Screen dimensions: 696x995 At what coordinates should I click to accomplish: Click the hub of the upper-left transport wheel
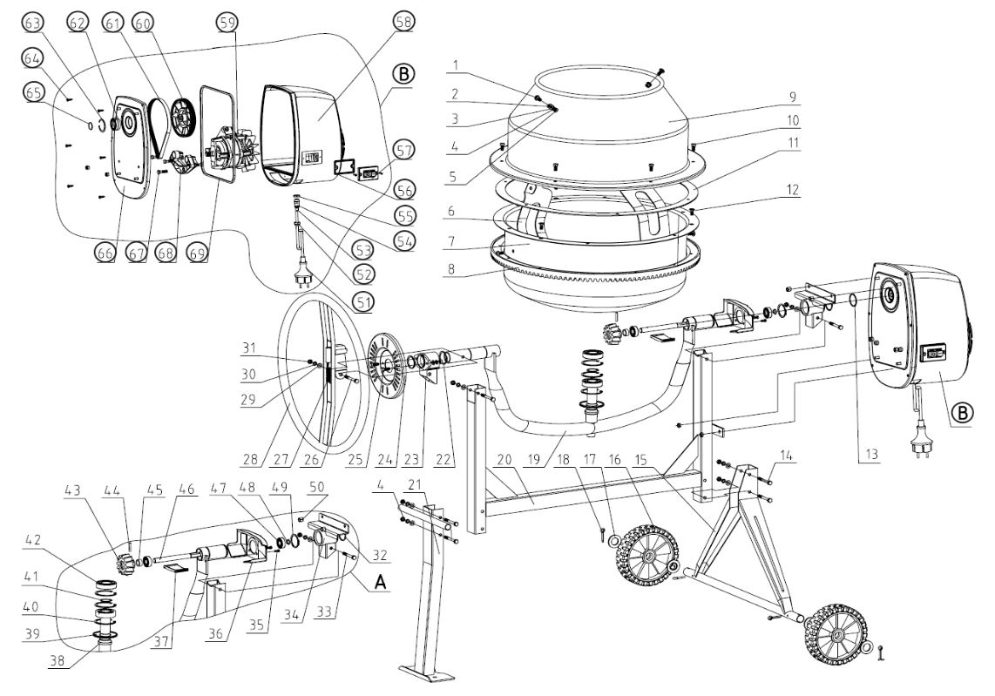point(649,554)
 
